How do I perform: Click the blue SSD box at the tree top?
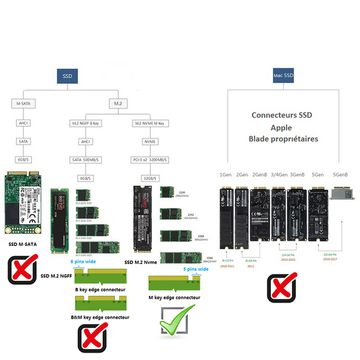pyautogui.click(x=66, y=76)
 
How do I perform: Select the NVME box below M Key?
pyautogui.click(x=149, y=141)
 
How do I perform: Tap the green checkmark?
pyautogui.click(x=176, y=318)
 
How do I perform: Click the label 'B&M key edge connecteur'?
pyautogui.click(x=101, y=316)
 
